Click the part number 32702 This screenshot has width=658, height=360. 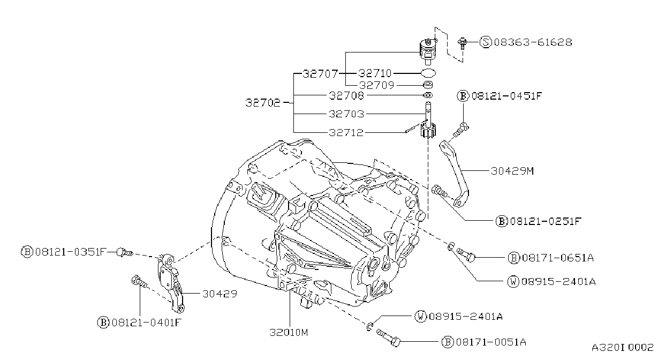click(263, 103)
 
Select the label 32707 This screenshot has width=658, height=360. click(320, 73)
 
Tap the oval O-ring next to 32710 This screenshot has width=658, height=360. click(428, 72)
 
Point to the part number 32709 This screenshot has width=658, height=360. click(376, 85)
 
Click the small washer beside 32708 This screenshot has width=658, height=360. click(428, 95)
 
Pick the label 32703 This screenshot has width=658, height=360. click(346, 114)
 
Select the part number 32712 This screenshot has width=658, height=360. click(346, 132)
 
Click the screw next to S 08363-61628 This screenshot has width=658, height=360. click(463, 43)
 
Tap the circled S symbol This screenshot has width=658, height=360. click(486, 42)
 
